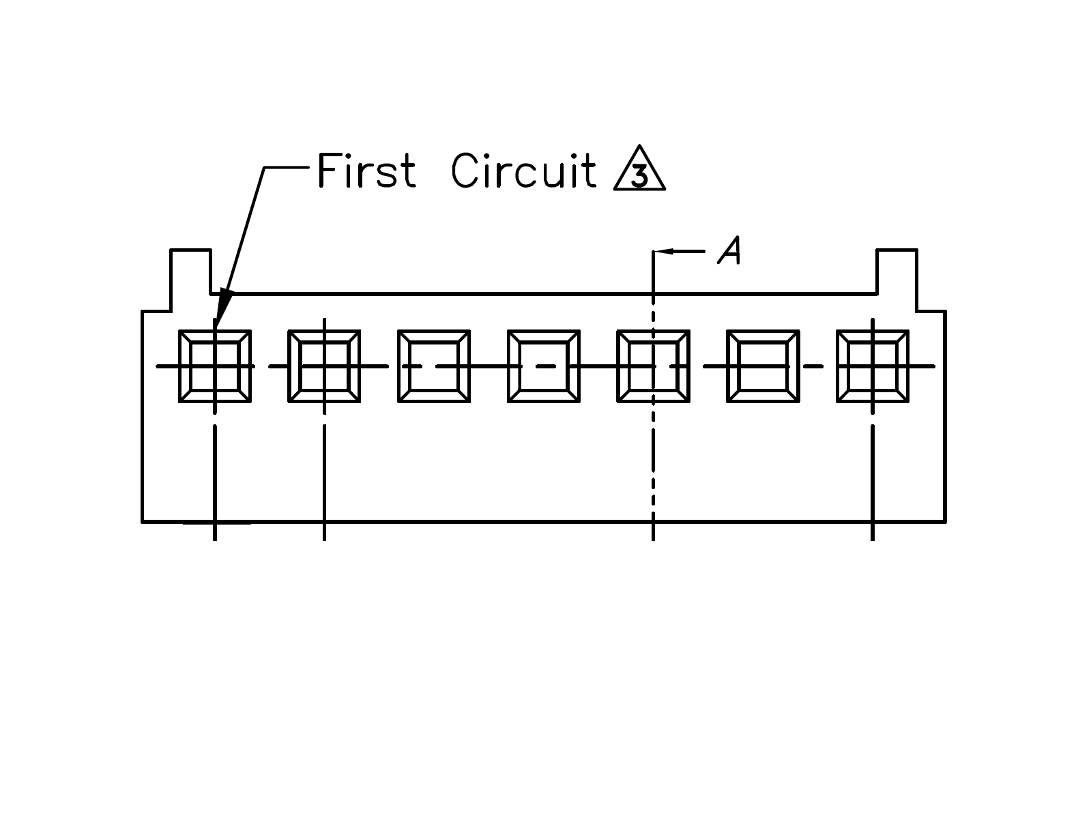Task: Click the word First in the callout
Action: point(366,171)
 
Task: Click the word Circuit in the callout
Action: point(523,171)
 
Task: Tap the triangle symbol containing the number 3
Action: point(639,169)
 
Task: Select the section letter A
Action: point(729,250)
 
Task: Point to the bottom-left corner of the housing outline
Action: point(143,522)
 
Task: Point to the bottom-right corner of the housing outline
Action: point(946,522)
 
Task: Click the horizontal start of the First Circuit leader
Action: point(287,168)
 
